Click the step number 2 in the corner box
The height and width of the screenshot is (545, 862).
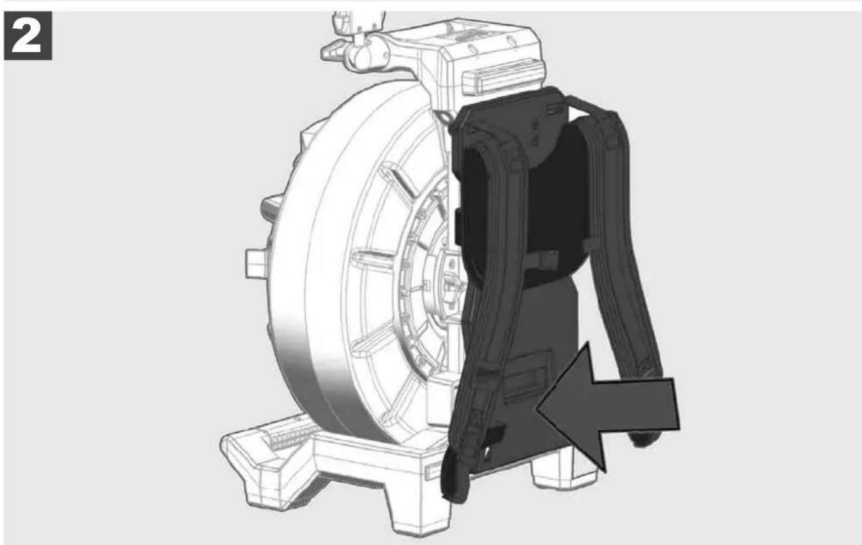point(28,36)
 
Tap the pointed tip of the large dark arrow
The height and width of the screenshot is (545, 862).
point(538,409)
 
